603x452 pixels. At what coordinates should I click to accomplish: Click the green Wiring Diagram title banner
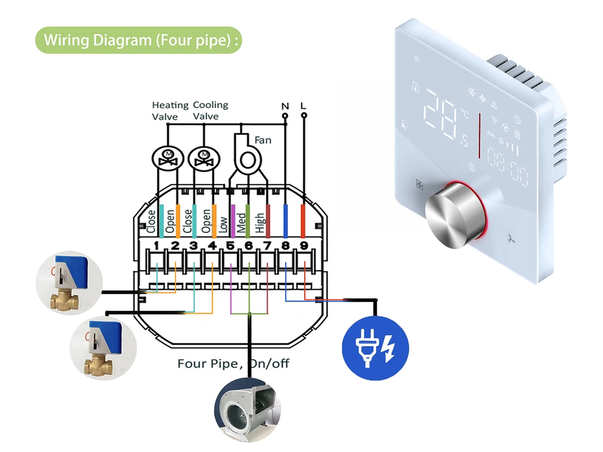click(139, 40)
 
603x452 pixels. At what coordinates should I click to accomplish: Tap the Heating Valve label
click(170, 111)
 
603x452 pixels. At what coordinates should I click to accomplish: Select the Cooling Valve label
click(211, 110)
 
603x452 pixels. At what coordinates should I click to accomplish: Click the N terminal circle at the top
click(285, 116)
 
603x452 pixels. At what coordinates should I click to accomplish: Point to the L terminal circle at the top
click(304, 116)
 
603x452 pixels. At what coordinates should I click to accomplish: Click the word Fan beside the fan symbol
click(263, 140)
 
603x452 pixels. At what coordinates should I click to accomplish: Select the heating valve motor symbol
click(168, 159)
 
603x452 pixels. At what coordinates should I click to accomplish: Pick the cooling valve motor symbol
click(204, 159)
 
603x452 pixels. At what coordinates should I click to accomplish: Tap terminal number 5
click(230, 246)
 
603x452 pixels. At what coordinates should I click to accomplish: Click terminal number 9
click(304, 246)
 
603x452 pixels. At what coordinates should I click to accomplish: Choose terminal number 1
click(156, 246)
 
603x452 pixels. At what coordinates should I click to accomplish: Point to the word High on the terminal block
click(260, 223)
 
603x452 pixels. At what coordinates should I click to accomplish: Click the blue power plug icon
click(375, 348)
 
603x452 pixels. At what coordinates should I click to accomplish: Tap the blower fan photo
click(248, 410)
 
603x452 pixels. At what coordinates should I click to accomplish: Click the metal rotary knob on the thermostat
click(455, 215)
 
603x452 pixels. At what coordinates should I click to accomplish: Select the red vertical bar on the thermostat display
click(480, 136)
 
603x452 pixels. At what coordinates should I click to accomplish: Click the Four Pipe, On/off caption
click(233, 364)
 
